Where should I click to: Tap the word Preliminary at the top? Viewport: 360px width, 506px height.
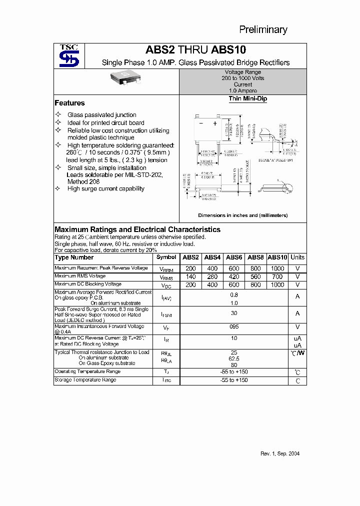[x=263, y=29]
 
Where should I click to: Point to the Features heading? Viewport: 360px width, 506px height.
[x=69, y=103]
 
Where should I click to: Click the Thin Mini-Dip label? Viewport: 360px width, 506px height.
[x=247, y=99]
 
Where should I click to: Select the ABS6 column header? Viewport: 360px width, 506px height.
[x=234, y=257]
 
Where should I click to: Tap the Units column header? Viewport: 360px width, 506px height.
[x=297, y=257]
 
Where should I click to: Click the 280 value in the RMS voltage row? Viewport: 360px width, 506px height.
[x=212, y=276]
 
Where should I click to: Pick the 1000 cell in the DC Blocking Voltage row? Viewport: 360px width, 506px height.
[x=277, y=285]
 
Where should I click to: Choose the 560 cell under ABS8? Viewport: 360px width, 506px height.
[x=255, y=276]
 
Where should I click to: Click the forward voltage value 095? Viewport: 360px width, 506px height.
[x=233, y=326]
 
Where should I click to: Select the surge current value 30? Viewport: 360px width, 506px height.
[x=233, y=313]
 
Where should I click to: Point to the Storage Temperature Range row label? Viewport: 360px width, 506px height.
[x=85, y=380]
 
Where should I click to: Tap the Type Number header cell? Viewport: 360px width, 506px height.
[x=74, y=257]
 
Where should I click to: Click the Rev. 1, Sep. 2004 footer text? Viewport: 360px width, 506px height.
[x=280, y=453]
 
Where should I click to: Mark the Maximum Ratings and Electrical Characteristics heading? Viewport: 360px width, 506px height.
[x=137, y=229]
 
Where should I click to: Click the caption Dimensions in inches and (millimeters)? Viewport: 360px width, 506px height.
[x=242, y=215]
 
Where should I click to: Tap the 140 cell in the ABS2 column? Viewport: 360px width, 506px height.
[x=190, y=276]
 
